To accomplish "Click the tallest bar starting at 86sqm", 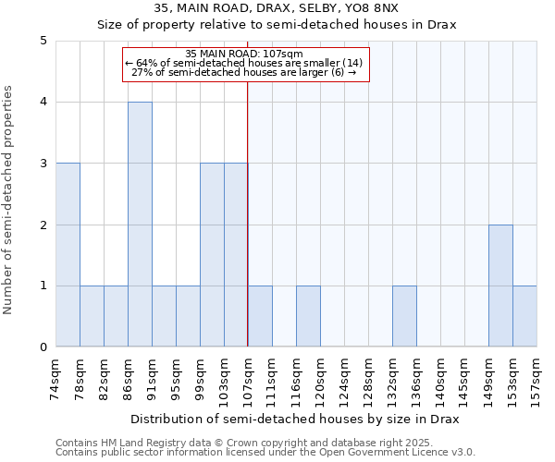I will pyautogui.click(x=140, y=225).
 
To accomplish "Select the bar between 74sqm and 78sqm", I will pyautogui.click(x=68, y=255).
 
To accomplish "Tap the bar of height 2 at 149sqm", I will pyautogui.click(x=500, y=286).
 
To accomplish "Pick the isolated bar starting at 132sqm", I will pyautogui.click(x=404, y=316).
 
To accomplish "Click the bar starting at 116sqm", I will pyautogui.click(x=308, y=316).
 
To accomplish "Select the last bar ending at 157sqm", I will pyautogui.click(x=524, y=316).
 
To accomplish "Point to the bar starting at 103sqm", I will pyautogui.click(x=236, y=255).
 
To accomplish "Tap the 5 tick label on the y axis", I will pyautogui.click(x=43, y=41).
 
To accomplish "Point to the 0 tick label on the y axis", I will pyautogui.click(x=43, y=347).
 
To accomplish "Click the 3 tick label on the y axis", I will pyautogui.click(x=43, y=164).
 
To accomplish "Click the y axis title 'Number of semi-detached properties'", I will pyautogui.click(x=9, y=200).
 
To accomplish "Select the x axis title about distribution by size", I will pyautogui.click(x=296, y=419).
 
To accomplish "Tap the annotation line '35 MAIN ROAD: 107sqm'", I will pyautogui.click(x=244, y=54).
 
